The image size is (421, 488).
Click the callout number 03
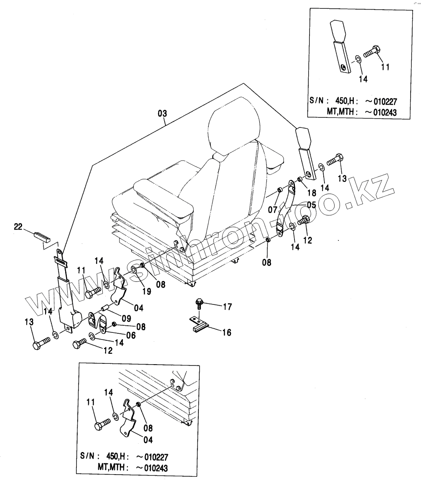tap(162, 113)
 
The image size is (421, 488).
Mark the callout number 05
tap(312, 205)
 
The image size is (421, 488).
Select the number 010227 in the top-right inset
tap(383, 101)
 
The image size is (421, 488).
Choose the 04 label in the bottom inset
tap(148, 440)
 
